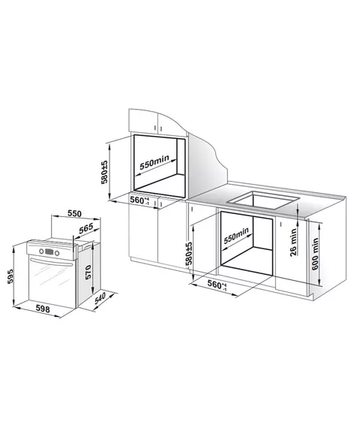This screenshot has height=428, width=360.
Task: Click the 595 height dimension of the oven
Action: click(x=10, y=276)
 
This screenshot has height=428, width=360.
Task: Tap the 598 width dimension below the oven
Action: click(x=43, y=309)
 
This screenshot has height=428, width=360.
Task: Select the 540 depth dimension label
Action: click(x=100, y=298)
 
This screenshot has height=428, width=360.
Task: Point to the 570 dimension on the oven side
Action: click(x=88, y=272)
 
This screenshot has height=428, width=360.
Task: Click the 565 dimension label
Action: click(x=86, y=228)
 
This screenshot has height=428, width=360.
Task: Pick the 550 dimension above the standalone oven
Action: click(x=74, y=213)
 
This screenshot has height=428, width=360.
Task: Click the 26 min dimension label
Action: click(x=293, y=242)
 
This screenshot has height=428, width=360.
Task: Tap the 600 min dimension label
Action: click(x=315, y=254)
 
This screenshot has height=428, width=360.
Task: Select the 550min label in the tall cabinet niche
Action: click(x=154, y=163)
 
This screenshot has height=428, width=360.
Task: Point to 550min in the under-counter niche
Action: click(x=236, y=235)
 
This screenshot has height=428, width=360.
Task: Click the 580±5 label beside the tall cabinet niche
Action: click(x=104, y=172)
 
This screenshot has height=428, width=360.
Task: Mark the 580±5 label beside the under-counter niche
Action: click(x=189, y=253)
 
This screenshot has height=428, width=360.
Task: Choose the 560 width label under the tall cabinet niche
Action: click(x=139, y=200)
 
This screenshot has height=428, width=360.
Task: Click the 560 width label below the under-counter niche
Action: click(x=217, y=285)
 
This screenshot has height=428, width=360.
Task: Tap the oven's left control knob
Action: click(x=41, y=251)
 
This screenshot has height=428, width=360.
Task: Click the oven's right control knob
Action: click(x=57, y=253)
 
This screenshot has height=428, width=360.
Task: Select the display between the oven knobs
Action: click(x=49, y=252)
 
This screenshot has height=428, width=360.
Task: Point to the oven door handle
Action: click(x=51, y=262)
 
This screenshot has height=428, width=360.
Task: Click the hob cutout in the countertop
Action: click(x=263, y=200)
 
